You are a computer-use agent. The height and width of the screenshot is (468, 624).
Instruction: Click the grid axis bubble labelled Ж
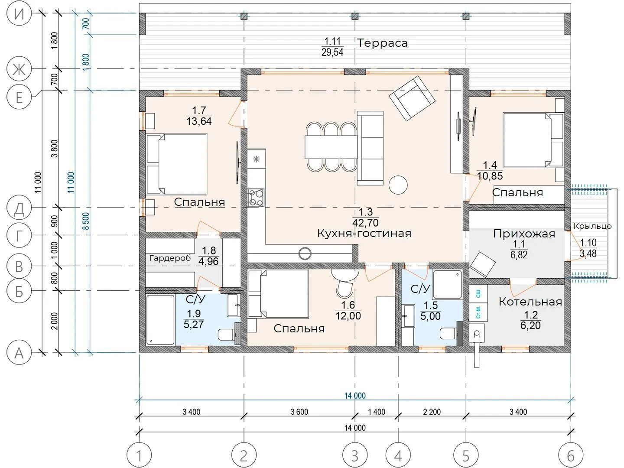(19, 69)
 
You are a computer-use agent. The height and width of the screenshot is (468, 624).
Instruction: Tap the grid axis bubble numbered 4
(398, 456)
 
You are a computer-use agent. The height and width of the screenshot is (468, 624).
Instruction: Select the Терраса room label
(382, 43)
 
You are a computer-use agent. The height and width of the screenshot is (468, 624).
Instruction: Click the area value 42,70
(366, 222)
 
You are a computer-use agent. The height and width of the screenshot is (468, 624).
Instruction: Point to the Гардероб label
(170, 258)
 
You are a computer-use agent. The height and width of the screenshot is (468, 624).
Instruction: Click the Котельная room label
(530, 302)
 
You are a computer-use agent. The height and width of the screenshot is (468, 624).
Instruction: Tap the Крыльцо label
(592, 227)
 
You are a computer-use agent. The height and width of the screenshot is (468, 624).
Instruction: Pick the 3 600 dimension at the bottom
(299, 412)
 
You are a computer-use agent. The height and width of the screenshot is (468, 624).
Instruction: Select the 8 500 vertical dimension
(86, 221)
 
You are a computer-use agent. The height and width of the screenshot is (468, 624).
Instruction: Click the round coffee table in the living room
(398, 185)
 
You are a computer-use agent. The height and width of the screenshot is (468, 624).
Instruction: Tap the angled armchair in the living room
(412, 98)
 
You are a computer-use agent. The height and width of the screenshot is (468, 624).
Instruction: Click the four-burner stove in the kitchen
(256, 198)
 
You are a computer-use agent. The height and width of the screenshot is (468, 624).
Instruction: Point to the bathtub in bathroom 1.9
(160, 320)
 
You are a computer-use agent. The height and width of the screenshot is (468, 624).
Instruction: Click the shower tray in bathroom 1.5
(448, 284)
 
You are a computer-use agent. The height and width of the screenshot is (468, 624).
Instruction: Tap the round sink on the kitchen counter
(305, 253)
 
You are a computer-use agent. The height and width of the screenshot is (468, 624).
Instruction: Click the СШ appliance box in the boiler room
(478, 294)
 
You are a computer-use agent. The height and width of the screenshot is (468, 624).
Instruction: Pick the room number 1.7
(199, 110)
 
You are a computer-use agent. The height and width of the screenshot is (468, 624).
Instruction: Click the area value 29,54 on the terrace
(332, 52)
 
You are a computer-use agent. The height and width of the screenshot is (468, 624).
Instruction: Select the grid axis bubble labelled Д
(19, 208)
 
